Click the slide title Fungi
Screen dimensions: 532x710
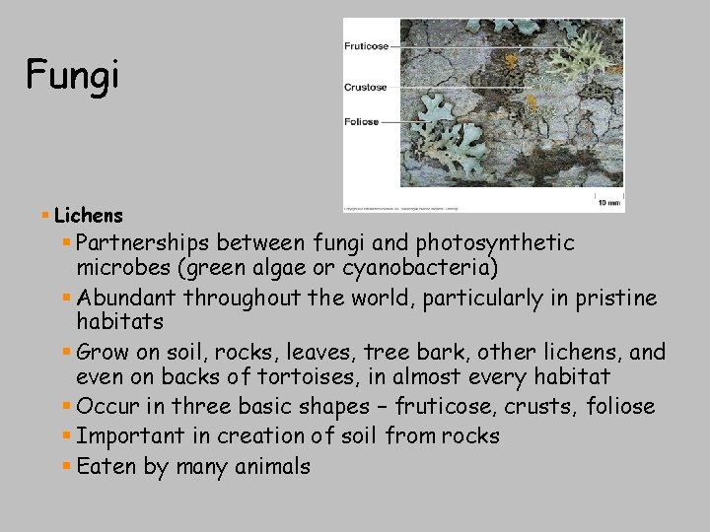[x=72, y=74]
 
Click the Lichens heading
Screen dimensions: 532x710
[x=89, y=215]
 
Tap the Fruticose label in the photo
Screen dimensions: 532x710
[x=366, y=45]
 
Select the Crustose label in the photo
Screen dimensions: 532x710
[x=365, y=87]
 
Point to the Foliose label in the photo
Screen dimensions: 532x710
[x=362, y=122]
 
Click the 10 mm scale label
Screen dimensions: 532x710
[x=609, y=202]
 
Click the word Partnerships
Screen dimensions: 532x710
[x=143, y=242]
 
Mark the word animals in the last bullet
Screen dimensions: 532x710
[x=272, y=466]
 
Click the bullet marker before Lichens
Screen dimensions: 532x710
[x=45, y=215]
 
